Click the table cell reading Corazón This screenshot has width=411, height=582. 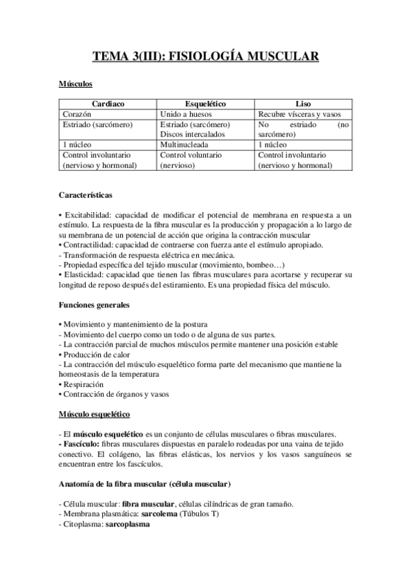(77, 115)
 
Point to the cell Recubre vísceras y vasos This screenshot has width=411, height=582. (303, 115)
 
